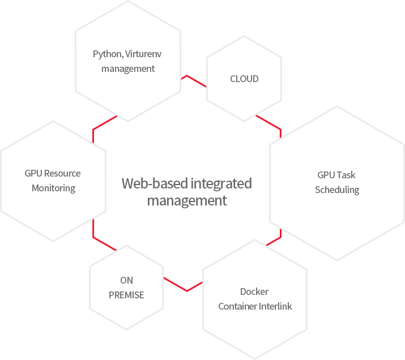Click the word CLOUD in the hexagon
tap(244, 79)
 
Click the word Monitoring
tap(53, 188)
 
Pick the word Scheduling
tap(337, 190)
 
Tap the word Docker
tap(254, 292)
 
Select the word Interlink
tap(275, 307)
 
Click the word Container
tap(237, 307)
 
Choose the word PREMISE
tap(126, 295)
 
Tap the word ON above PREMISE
tap(126, 281)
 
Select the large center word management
tap(187, 200)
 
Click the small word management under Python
tap(128, 68)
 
